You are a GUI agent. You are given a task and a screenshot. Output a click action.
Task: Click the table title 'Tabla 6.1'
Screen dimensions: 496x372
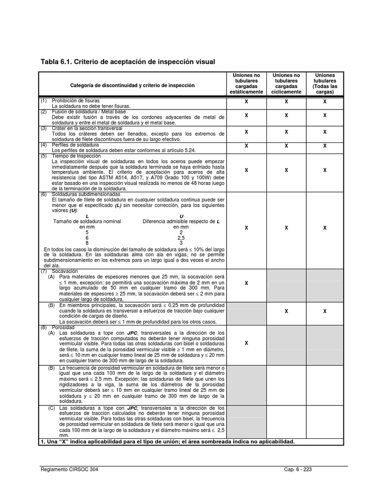tap(127, 62)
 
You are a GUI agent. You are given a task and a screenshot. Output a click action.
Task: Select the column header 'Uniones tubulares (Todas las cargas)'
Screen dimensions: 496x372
tap(325, 83)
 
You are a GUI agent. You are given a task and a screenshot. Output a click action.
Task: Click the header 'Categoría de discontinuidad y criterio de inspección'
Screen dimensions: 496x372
tap(132, 85)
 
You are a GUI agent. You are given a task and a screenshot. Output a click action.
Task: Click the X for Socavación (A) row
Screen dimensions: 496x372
tap(246, 283)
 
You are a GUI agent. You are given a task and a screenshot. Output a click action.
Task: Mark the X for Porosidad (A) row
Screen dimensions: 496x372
tap(246, 343)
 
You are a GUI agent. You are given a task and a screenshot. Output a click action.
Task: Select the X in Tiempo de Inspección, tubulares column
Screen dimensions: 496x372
tap(325, 170)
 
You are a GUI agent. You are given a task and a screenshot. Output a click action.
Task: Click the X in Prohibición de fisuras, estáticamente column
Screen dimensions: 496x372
tap(246, 102)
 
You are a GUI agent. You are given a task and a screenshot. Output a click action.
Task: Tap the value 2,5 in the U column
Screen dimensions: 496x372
tap(181, 238)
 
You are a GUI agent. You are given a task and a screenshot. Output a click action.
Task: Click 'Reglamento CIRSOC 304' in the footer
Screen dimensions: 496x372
tap(71, 470)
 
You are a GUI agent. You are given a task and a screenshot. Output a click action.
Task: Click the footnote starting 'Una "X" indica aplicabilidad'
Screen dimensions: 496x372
tap(167, 442)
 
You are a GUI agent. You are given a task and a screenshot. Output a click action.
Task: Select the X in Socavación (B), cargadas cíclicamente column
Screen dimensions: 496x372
tap(286, 311)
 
